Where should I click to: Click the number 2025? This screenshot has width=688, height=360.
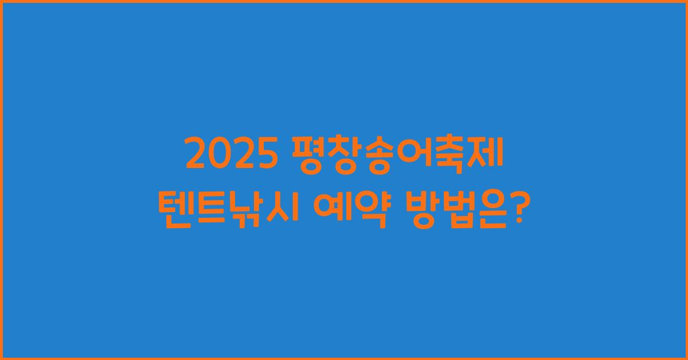click(x=229, y=155)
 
